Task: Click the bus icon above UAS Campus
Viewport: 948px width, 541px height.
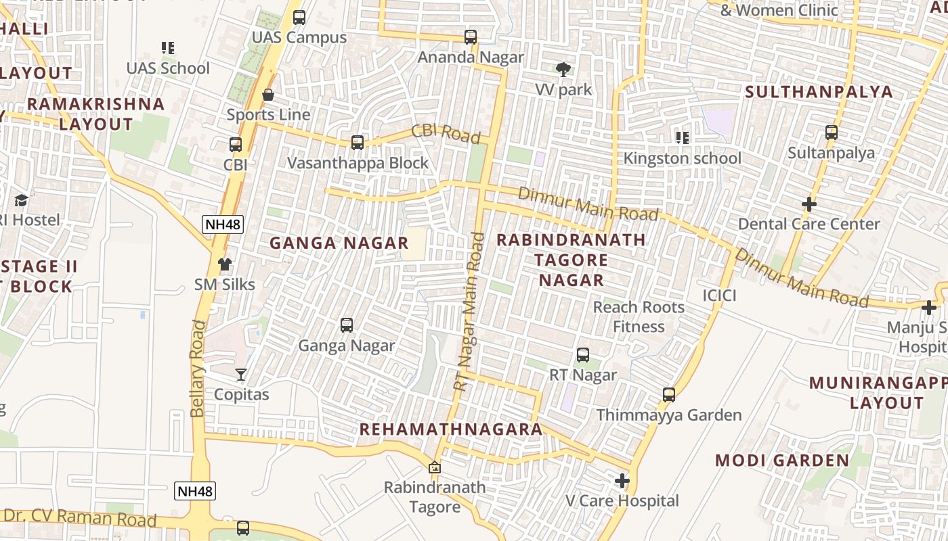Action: pos(299,18)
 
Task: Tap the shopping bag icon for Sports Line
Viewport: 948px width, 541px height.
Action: pos(268,95)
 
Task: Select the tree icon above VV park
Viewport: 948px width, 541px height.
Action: pos(563,69)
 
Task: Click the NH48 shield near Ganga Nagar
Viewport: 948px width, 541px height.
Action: pos(223,225)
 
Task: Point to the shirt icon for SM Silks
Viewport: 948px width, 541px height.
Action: pos(225,264)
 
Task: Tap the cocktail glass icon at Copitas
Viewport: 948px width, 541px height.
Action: pos(241,374)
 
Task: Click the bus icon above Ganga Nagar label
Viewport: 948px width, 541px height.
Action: pos(347,325)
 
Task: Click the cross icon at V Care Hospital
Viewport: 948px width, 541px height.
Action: pos(622,481)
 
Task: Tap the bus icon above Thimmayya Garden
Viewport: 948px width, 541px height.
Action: pos(669,394)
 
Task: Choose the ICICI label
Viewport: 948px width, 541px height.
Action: pos(719,296)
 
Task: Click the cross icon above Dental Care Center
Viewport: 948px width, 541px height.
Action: pos(809,204)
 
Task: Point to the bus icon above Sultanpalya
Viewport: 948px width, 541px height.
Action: pos(832,133)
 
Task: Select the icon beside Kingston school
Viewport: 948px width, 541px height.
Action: pos(683,138)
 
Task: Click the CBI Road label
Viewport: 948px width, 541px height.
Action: pos(446,133)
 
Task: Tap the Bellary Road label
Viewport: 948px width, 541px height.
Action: pos(197,369)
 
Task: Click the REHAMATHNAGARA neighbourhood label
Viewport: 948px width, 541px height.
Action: pos(451,429)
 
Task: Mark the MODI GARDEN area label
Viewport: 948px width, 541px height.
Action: pos(782,461)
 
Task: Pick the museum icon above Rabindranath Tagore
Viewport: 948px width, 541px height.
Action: pos(435,467)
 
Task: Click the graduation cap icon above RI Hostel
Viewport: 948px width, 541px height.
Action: pos(22,200)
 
